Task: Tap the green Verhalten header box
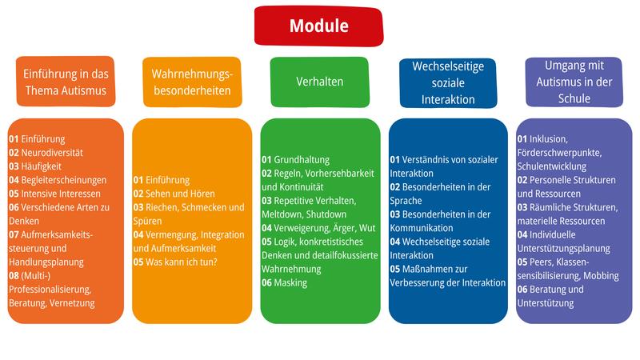[320, 82]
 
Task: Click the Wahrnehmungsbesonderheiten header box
[192, 82]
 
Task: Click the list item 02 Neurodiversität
[46, 152]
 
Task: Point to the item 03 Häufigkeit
[38, 166]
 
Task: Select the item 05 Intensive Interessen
[54, 193]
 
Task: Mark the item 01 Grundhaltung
[296, 159]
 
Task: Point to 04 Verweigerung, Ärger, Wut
[318, 228]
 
